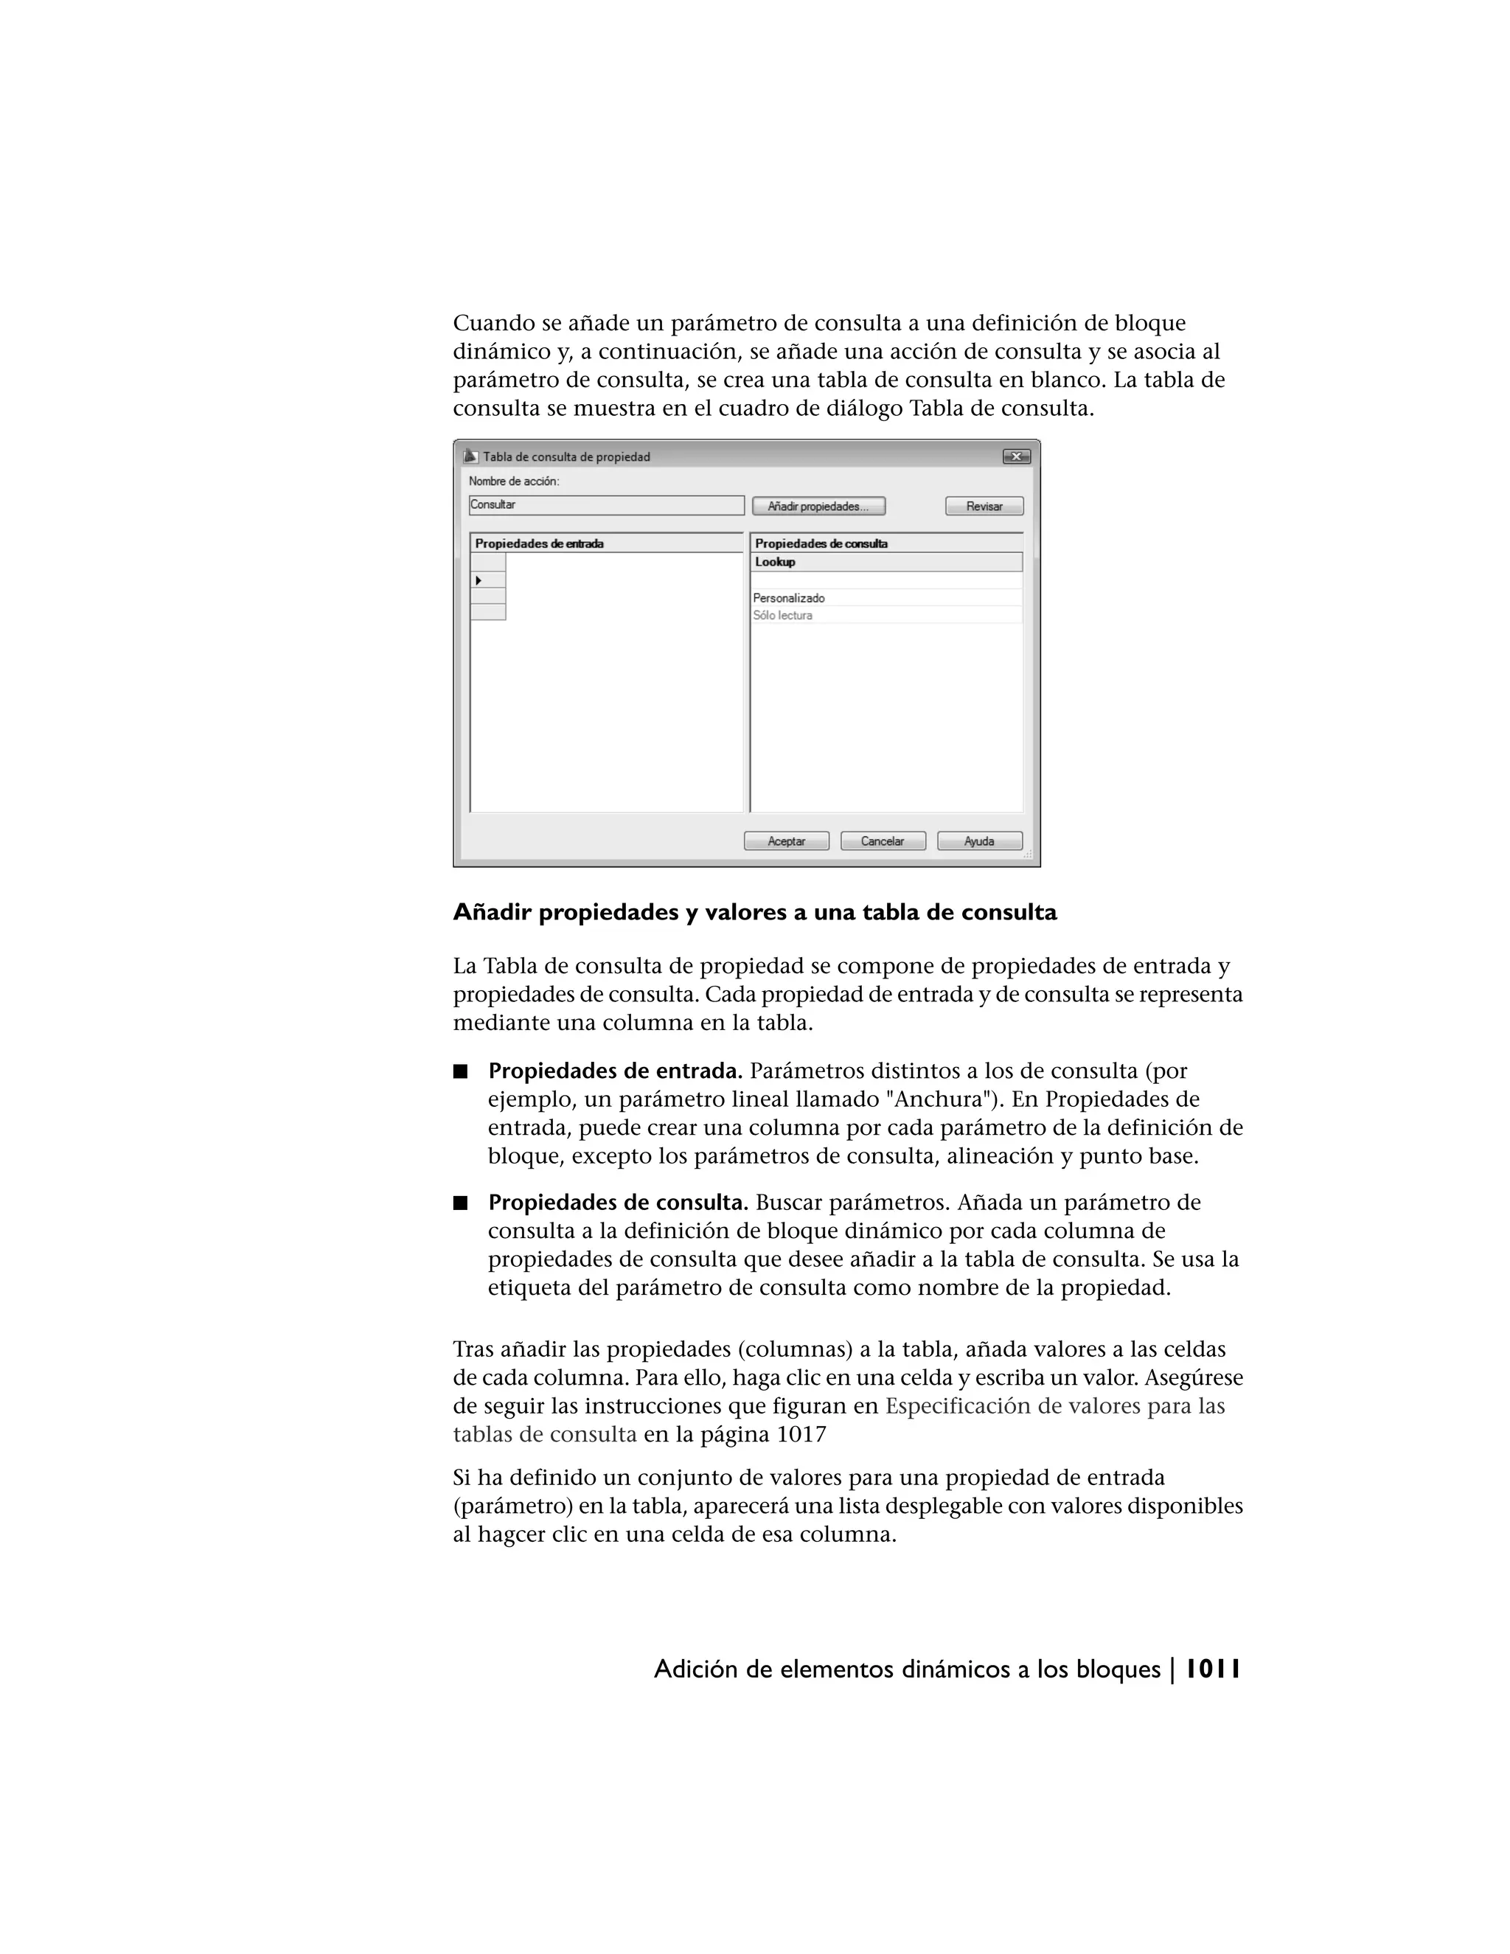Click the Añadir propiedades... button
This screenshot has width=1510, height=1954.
point(818,507)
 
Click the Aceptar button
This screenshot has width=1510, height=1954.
point(786,841)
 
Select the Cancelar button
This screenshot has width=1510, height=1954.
point(882,841)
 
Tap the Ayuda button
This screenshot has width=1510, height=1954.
point(978,841)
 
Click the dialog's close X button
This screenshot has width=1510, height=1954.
point(1015,457)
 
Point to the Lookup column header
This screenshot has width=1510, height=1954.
point(885,562)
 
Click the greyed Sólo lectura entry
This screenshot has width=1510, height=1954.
point(783,616)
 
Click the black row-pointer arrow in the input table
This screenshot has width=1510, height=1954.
point(479,580)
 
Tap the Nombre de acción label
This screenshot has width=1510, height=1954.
point(513,481)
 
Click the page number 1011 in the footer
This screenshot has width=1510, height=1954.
point(1212,1669)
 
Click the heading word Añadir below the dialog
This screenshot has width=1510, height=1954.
point(492,913)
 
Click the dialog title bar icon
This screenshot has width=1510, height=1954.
point(470,456)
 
